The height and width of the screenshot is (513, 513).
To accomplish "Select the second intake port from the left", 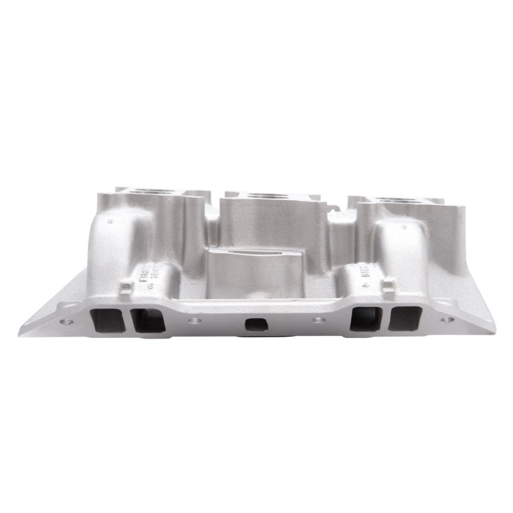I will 148,320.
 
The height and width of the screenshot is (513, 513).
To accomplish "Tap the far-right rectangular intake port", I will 405,319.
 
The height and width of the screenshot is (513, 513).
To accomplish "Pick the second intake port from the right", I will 366,319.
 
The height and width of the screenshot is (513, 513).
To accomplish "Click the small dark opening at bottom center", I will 256,324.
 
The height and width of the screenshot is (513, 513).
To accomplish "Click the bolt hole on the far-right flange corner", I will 447,319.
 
